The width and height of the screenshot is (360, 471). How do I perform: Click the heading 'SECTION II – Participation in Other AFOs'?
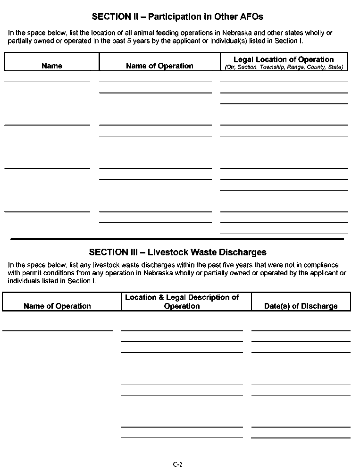pos(177,17)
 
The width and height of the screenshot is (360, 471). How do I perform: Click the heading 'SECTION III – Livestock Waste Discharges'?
pos(177,252)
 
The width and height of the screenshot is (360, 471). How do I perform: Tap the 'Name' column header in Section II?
pos(52,66)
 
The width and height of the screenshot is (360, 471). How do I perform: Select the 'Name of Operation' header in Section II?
pos(159,66)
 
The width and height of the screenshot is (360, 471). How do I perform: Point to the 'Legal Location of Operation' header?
pos(284,59)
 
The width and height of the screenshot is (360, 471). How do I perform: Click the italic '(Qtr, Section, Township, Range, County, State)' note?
pos(284,67)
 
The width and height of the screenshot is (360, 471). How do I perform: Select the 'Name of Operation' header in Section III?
pos(57,306)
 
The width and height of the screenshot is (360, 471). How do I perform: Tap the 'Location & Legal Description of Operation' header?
pos(182,302)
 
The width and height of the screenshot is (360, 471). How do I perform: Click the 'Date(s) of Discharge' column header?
pos(301,306)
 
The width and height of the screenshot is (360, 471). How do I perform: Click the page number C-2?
pos(177,464)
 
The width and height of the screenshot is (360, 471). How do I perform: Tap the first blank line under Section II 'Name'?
pos(47,81)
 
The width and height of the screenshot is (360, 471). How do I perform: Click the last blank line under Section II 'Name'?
pos(47,211)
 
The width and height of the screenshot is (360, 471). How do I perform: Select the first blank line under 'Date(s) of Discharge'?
pos(301,330)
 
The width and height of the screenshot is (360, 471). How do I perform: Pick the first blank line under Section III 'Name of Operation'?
pos(58,330)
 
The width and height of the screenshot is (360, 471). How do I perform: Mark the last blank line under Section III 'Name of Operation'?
pos(58,415)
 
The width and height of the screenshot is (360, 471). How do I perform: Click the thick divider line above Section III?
pos(177,239)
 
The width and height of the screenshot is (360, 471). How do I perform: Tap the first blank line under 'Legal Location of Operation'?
pos(284,81)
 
